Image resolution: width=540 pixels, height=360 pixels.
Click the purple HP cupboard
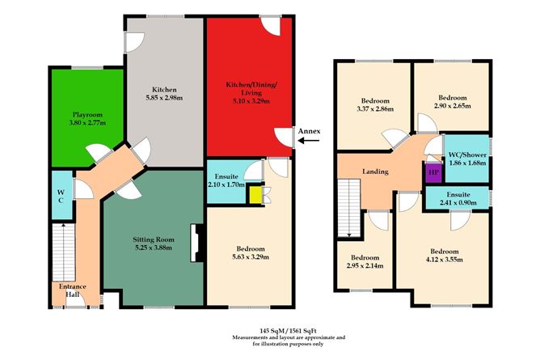click(x=432, y=173)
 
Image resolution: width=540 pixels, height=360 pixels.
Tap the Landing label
click(x=375, y=172)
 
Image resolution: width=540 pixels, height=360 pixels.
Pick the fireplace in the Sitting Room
click(x=194, y=243)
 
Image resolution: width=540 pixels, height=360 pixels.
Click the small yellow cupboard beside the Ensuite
click(x=255, y=195)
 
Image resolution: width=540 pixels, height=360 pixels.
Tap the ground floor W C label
click(x=61, y=196)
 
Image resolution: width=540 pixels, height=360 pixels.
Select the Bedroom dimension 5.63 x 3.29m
click(x=249, y=258)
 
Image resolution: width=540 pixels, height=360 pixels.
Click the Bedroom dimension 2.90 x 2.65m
click(x=450, y=106)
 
